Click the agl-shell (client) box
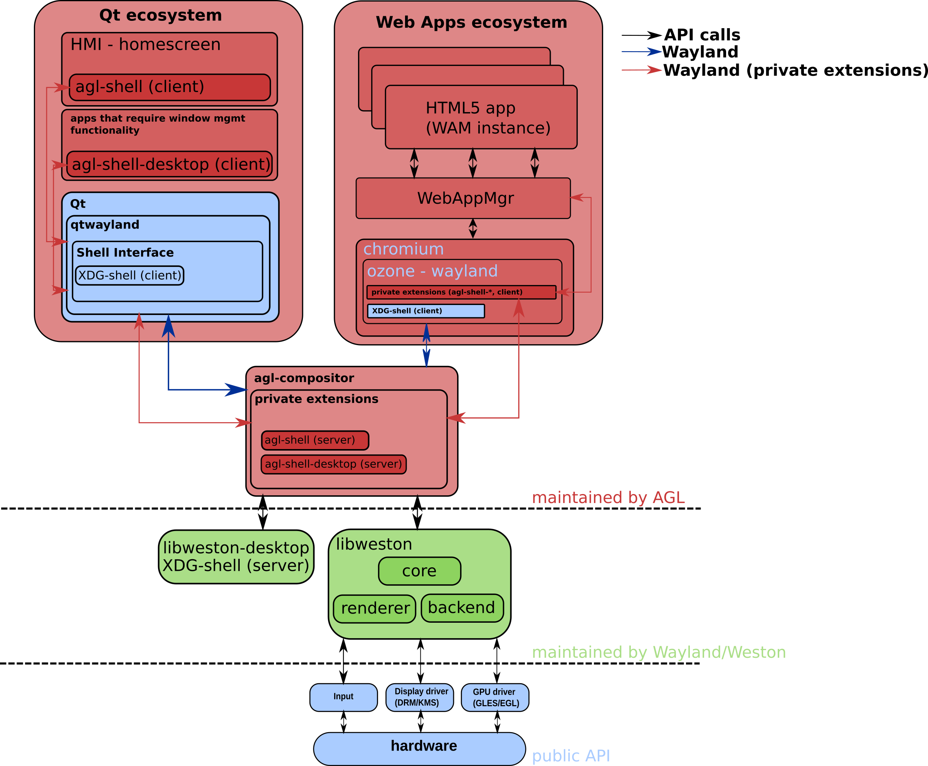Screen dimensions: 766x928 coord(170,87)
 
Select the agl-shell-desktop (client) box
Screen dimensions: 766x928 coord(170,164)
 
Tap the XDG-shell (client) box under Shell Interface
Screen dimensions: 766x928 coord(129,275)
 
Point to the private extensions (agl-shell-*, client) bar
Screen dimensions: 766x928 coord(461,292)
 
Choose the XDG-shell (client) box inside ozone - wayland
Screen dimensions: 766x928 coord(426,311)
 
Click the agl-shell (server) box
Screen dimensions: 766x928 coord(315,440)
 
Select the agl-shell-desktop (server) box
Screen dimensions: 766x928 coord(333,464)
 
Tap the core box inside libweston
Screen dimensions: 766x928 coord(419,571)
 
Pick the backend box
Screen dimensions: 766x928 coord(462,608)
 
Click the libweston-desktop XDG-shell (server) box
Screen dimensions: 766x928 coord(236,557)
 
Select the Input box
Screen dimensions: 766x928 coord(343,697)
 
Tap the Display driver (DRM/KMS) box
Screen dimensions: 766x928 coord(420,697)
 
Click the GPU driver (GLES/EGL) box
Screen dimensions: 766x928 coord(495,697)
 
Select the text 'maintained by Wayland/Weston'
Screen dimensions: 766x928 coord(659,652)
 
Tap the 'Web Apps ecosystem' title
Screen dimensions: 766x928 coord(471,22)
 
